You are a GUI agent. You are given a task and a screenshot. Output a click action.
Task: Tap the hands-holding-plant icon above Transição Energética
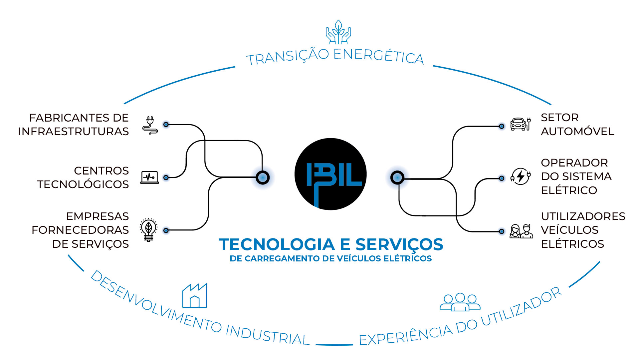click(x=338, y=32)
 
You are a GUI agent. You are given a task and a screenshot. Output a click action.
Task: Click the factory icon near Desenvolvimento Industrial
click(x=195, y=295)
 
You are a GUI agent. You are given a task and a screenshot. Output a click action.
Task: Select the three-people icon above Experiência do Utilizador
click(x=460, y=302)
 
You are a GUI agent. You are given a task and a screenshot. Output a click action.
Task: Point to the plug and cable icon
click(x=150, y=125)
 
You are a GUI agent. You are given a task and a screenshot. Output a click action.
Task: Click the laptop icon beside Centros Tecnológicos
click(x=149, y=177)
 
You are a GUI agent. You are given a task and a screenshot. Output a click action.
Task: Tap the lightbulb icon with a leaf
click(x=148, y=230)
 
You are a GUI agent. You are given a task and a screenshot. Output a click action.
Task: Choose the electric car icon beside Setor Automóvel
click(x=520, y=124)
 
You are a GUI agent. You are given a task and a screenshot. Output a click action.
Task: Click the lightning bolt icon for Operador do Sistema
click(x=520, y=177)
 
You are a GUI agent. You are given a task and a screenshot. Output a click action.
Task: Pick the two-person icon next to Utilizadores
click(x=521, y=231)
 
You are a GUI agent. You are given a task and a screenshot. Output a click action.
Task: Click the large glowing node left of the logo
click(x=263, y=178)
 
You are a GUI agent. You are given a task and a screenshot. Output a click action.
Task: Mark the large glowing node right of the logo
click(x=397, y=178)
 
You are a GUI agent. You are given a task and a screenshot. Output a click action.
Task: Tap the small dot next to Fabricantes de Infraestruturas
click(x=166, y=125)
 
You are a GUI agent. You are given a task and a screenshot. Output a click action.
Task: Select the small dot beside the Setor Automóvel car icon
click(x=502, y=126)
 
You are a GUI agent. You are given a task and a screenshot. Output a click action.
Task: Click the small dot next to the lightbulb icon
click(x=166, y=230)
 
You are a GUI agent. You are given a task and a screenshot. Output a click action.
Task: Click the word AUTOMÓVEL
click(x=577, y=132)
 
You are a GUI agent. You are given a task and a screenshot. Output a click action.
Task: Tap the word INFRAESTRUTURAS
click(x=73, y=132)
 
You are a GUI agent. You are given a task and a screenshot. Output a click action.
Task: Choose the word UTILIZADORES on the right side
click(x=583, y=216)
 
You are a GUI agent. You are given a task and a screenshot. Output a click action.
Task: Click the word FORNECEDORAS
click(x=80, y=230)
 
